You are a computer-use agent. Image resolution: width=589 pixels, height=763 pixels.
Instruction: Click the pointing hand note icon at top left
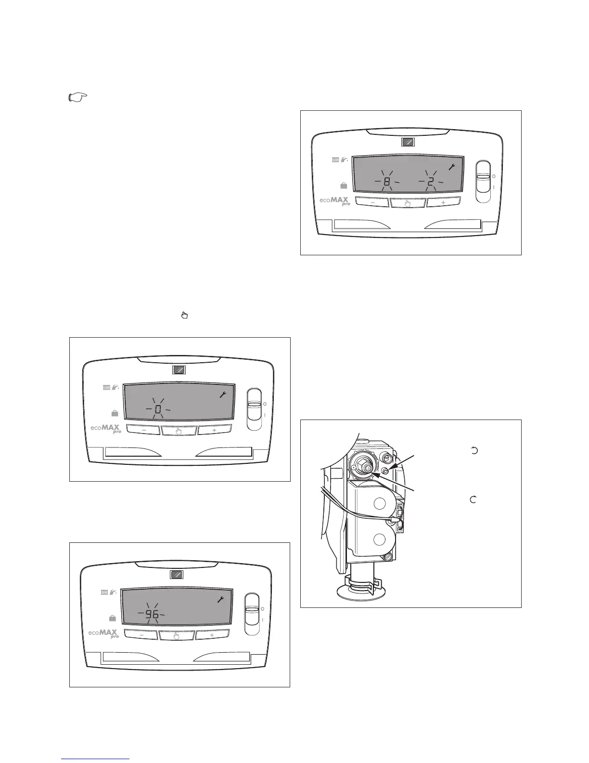(x=77, y=98)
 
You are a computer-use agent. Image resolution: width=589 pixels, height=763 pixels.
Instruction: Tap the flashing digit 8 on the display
(x=387, y=182)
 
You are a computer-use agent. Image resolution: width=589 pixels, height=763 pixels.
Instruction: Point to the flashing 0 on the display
(x=158, y=409)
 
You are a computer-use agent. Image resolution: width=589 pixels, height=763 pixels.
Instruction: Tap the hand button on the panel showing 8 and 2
(x=408, y=203)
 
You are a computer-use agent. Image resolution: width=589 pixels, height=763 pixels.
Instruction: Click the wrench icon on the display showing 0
(x=223, y=395)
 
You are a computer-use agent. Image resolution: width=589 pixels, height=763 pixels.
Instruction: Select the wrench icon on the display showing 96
(x=221, y=600)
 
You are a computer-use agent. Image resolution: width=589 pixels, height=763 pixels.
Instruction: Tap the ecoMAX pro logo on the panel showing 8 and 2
(x=335, y=201)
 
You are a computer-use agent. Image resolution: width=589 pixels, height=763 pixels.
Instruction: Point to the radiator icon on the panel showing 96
(x=104, y=592)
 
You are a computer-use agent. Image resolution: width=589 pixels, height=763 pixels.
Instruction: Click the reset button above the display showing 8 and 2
(x=408, y=142)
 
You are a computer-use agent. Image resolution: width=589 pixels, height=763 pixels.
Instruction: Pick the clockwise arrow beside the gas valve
(x=473, y=500)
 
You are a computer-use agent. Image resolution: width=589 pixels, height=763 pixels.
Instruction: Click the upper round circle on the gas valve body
(x=380, y=504)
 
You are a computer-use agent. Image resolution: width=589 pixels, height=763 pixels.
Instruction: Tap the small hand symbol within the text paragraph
(x=183, y=316)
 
